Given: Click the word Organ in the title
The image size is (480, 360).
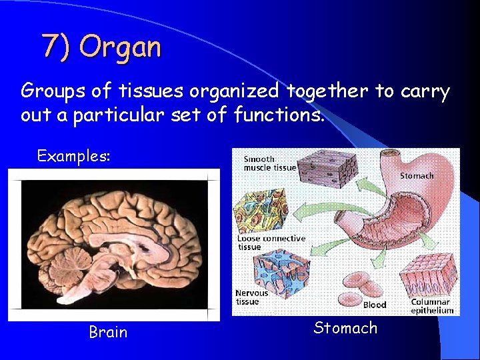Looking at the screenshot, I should pyautogui.click(x=120, y=47).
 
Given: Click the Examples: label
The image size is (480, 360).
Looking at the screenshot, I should pyautogui.click(x=73, y=156).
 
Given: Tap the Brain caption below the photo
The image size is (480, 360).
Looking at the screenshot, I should pyautogui.click(x=108, y=332).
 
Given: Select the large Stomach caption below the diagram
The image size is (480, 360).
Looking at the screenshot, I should pyautogui.click(x=345, y=328).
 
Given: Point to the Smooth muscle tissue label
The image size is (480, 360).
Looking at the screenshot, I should pyautogui.click(x=269, y=163).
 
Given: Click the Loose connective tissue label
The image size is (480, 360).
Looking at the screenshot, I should pyautogui.click(x=271, y=243).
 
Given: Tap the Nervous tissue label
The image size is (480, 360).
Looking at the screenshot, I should pyautogui.click(x=251, y=297).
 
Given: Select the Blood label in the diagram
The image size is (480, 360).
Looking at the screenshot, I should pyautogui.click(x=374, y=305).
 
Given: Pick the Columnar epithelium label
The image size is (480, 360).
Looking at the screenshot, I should pyautogui.click(x=431, y=307).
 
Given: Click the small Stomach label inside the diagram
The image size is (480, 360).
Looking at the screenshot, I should pyautogui.click(x=417, y=176).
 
